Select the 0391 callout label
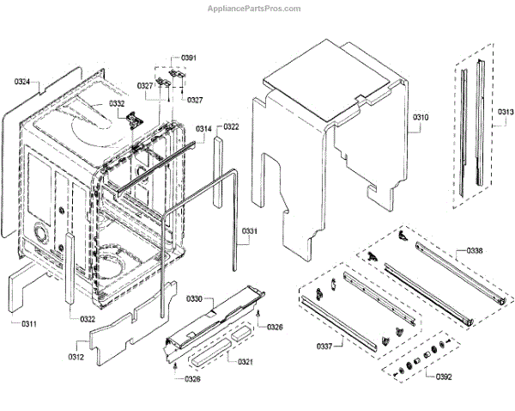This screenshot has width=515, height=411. [x=189, y=58]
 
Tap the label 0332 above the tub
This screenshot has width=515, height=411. [x=117, y=104]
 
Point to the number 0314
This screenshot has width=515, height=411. [x=203, y=129]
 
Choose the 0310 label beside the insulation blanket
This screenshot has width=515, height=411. [x=421, y=117]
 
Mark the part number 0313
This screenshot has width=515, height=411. [x=506, y=112]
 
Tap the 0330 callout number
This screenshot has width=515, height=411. [x=195, y=299]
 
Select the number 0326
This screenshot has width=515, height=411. [x=275, y=327]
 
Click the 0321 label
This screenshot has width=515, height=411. [x=245, y=361]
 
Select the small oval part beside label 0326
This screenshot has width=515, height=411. [x=256, y=321]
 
